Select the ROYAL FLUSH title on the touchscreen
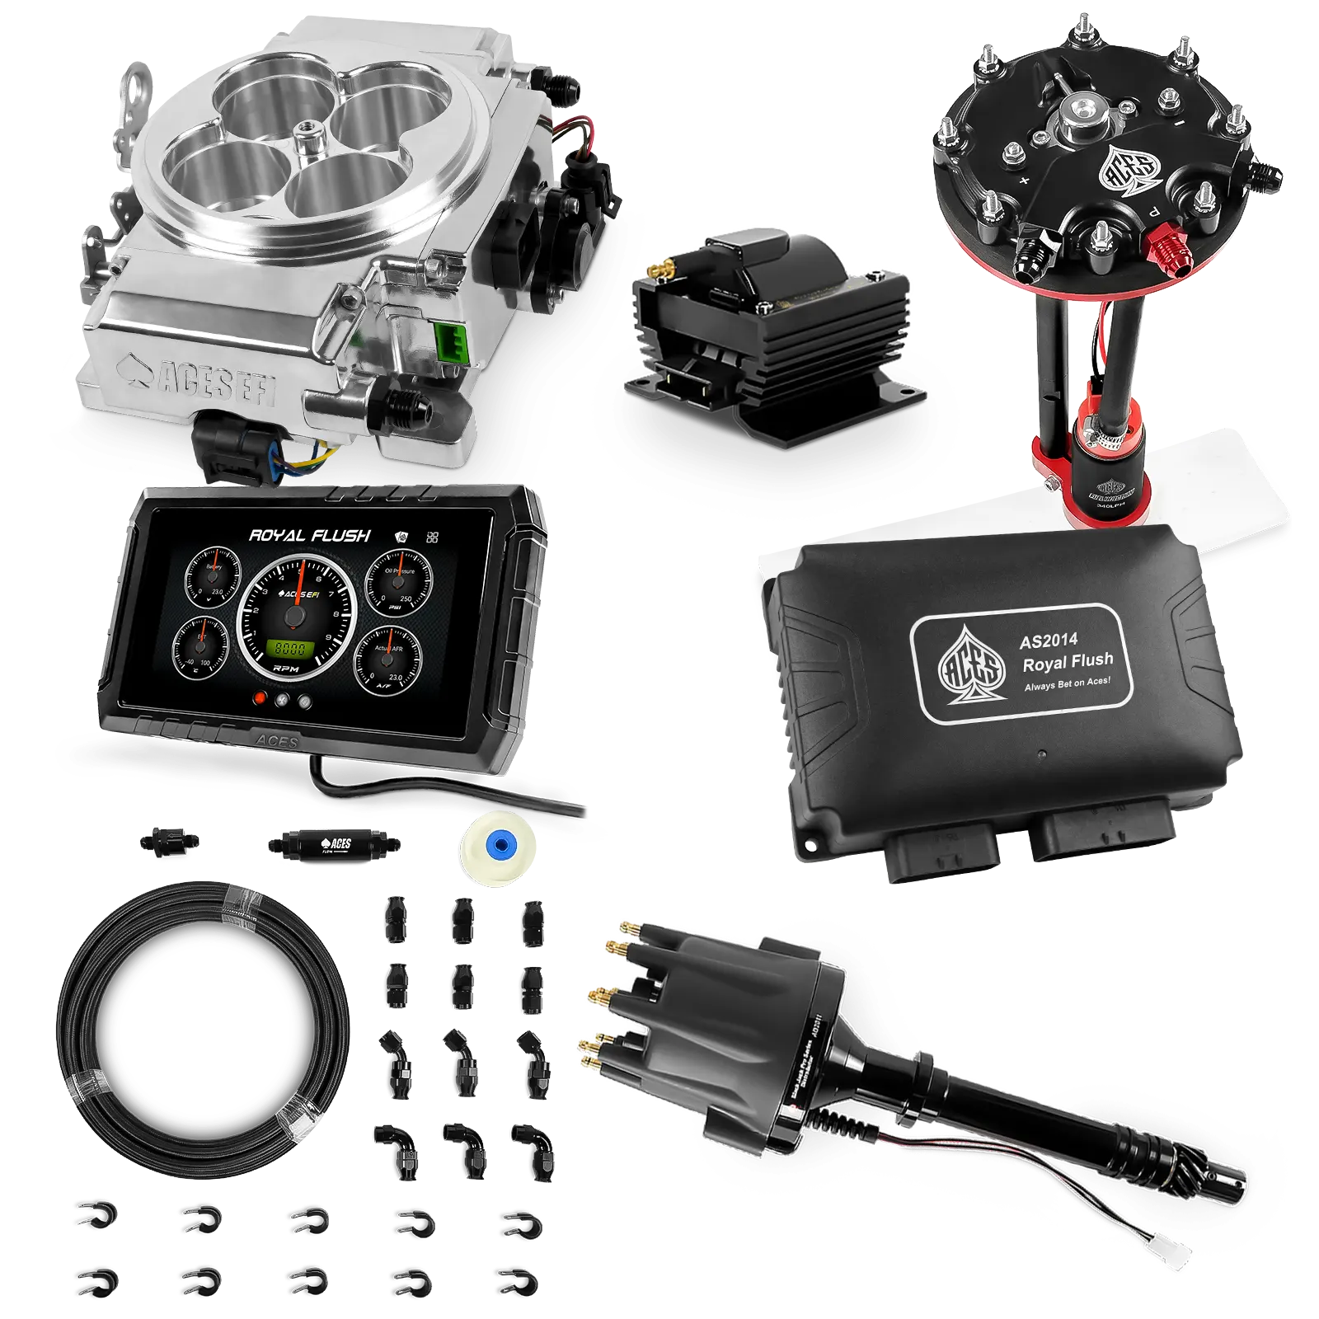pos(310,536)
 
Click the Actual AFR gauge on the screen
pos(387,655)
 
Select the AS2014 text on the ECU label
pos(1048,640)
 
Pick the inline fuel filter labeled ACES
pos(333,845)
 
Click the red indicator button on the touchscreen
pos(261,697)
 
